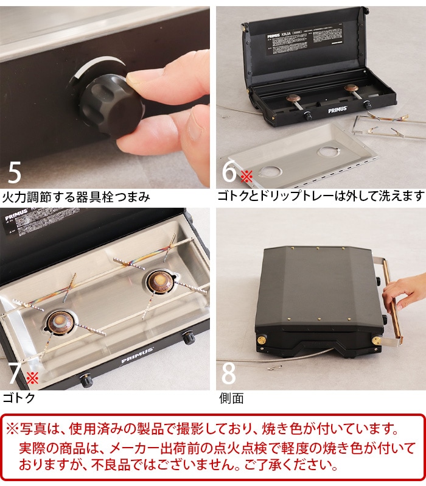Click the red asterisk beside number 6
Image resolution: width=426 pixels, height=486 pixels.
click(x=246, y=177)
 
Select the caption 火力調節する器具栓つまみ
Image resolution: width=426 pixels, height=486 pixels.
click(x=76, y=197)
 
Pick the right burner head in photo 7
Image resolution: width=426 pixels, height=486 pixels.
click(x=159, y=281)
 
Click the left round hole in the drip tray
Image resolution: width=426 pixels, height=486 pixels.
click(x=271, y=172)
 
